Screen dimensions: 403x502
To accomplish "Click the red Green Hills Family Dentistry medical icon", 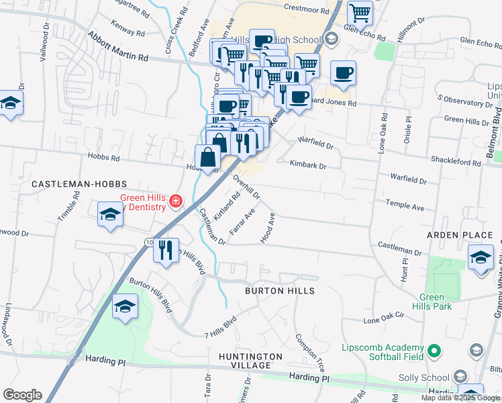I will coord(176,200).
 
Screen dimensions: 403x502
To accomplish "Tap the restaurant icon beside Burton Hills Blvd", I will coord(165,250).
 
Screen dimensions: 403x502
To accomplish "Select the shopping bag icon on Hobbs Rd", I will coord(208,158).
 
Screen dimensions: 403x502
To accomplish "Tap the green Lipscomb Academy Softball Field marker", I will coord(434,350).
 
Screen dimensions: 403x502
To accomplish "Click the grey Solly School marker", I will coord(460,376).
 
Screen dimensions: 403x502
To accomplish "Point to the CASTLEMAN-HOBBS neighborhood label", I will coord(69,183).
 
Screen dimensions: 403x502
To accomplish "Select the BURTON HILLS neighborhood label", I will coord(279,291).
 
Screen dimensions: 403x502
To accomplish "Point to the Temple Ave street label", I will coord(405,205).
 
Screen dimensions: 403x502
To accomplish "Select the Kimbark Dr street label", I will coord(308,164).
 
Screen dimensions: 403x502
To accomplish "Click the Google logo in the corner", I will coord(22,395).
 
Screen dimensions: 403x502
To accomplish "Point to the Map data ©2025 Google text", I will coord(460,398).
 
